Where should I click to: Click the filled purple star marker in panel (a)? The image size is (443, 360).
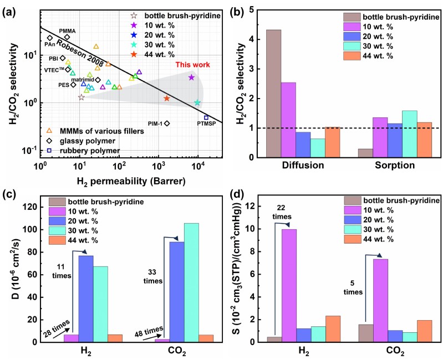[191, 78]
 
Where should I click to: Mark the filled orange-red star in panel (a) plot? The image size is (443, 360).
[166, 98]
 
